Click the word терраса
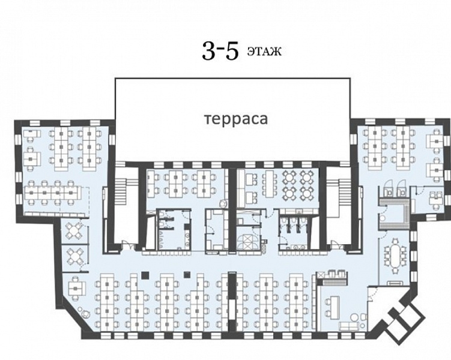pyautogui.click(x=236, y=119)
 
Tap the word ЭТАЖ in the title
pyautogui.click(x=264, y=52)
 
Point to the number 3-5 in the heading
pyautogui.click(x=220, y=51)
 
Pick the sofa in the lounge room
pyautogui.click(x=350, y=326)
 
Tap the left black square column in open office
pyautogui.click(x=145, y=275)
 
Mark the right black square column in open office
pyautogui.click(x=187, y=275)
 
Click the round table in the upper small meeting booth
pyautogui.click(x=74, y=230)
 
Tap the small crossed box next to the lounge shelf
pyautogui.click(x=319, y=275)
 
